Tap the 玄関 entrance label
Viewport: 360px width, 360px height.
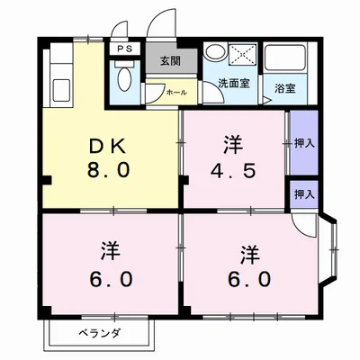coord(169,61)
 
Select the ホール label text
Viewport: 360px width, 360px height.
coord(176,91)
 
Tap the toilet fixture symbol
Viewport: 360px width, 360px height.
coord(124,78)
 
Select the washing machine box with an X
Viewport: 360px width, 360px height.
coord(241,56)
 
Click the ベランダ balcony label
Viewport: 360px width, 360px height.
coord(97,333)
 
